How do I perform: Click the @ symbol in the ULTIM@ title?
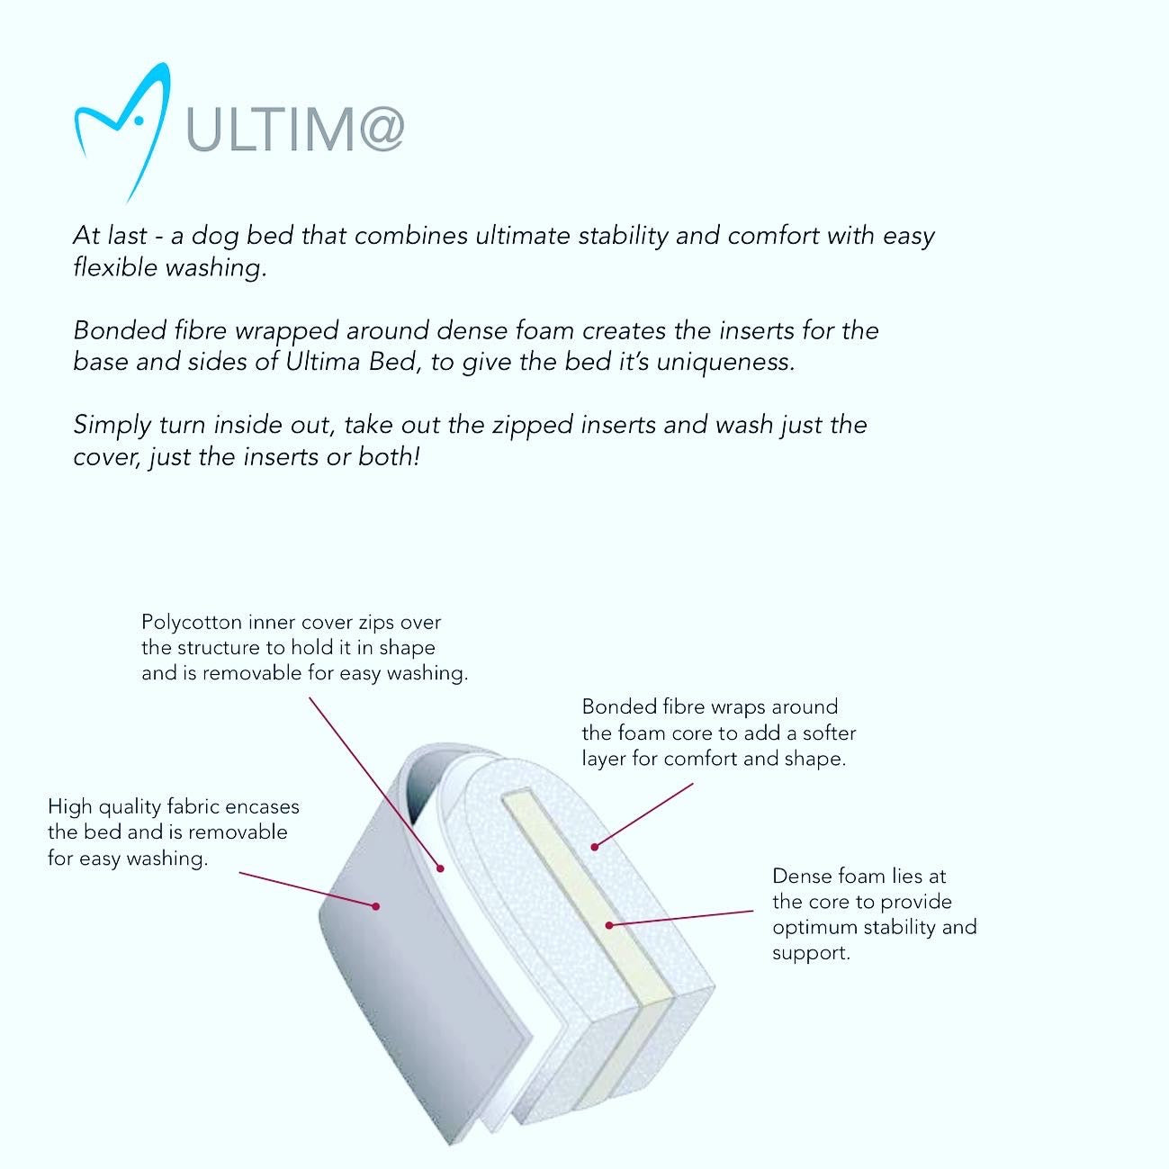[376, 130]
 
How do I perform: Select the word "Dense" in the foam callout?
[799, 876]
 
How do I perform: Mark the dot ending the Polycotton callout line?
[441, 868]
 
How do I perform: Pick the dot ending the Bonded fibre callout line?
[594, 846]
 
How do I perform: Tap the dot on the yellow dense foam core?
[609, 924]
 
